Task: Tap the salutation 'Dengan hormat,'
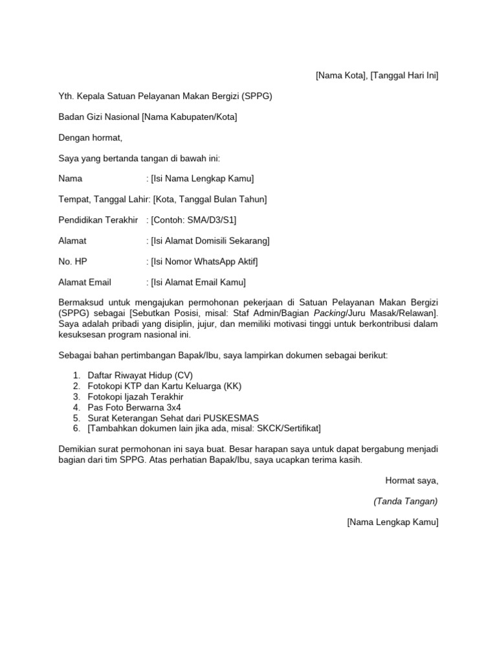coord(90,137)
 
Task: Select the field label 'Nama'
coord(71,179)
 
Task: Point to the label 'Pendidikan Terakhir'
coord(98,220)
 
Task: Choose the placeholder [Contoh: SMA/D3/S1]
coord(189,220)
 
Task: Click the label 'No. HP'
coord(72,262)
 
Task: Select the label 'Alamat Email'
coord(85,282)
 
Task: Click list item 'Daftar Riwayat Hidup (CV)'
coord(140,376)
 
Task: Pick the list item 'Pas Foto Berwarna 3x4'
coord(135,407)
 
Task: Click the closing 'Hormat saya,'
coord(412,480)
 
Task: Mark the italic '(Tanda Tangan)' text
coord(406,501)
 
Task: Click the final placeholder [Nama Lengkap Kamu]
coord(392,522)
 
